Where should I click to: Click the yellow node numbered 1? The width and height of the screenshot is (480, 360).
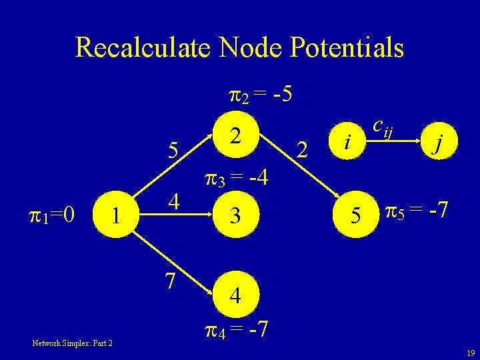[x=117, y=216]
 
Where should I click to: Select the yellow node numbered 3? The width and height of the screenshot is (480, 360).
[x=234, y=216]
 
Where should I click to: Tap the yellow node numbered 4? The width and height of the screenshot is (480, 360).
[x=234, y=295]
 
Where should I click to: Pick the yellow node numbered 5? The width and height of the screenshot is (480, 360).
[x=357, y=216]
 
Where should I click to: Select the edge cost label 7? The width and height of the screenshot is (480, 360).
[x=171, y=281]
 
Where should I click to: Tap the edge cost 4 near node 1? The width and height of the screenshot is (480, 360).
[x=172, y=201]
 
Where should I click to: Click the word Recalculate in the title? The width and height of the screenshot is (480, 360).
[x=139, y=48]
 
